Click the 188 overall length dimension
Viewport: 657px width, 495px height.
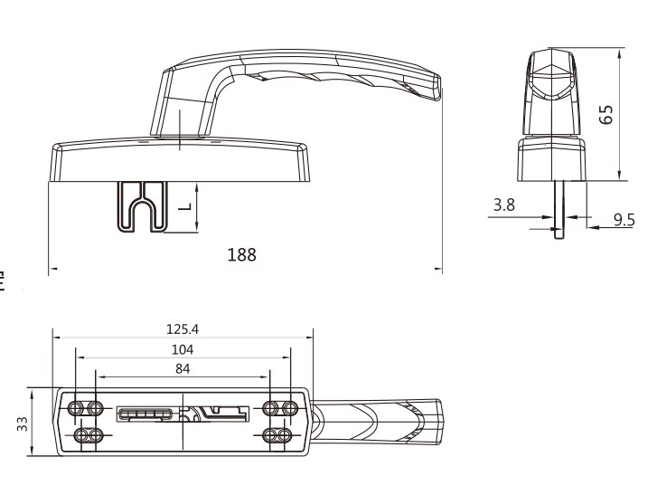click(x=242, y=255)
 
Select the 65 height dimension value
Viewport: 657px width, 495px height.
click(x=607, y=113)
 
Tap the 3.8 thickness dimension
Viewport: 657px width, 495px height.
click(x=504, y=205)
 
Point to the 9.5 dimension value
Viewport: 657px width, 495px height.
click(x=624, y=219)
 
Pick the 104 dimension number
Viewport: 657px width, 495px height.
click(x=183, y=348)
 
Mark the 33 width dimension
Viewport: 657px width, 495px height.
click(x=23, y=422)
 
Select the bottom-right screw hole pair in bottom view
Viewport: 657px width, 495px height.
click(x=280, y=436)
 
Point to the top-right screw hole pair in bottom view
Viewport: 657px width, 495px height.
click(x=280, y=407)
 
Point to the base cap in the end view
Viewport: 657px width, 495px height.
click(x=551, y=159)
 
